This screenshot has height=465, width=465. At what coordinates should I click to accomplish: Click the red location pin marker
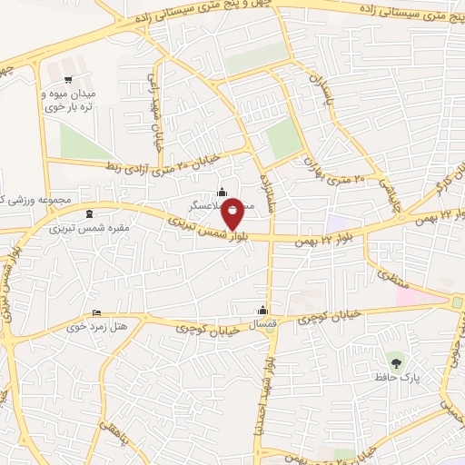233,212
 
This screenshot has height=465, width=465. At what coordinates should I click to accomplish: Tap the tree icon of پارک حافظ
393,361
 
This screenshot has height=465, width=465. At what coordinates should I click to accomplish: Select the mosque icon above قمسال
264,308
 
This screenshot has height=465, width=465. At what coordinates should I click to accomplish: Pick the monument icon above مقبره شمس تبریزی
89,214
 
